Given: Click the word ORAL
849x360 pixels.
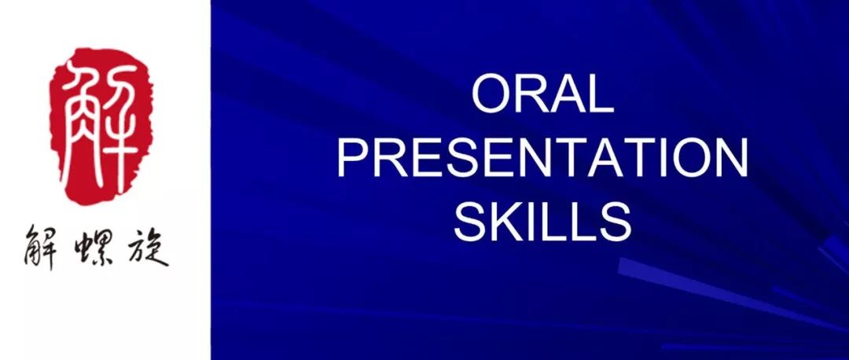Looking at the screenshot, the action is click(543, 94).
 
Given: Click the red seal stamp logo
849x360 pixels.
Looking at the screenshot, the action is click(101, 126).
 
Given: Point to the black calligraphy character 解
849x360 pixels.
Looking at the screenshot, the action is click(42, 247).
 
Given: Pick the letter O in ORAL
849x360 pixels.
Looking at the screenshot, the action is click(491, 94).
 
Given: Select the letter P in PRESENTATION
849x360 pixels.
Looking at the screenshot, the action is click(354, 157).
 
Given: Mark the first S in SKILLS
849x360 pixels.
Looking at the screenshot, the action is click(471, 222).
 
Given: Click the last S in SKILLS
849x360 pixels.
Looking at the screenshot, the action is click(616, 222).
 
